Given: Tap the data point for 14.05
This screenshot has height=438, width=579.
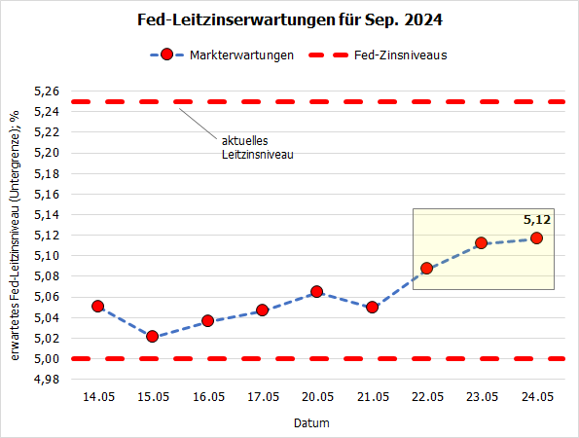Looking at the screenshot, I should tap(97, 306).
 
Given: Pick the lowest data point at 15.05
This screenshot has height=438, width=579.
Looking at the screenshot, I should tap(153, 336).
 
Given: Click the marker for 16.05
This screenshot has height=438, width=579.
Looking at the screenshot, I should tap(207, 320).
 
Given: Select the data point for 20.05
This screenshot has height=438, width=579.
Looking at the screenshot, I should tap(317, 291).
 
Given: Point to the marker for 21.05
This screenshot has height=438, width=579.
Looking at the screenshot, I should tap(372, 307).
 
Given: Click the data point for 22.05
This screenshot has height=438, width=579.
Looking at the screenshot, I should tap(426, 268).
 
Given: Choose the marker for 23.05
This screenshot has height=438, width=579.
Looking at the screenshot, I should tap(481, 242).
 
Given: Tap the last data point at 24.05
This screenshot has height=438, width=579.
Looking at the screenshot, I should tap(536, 237).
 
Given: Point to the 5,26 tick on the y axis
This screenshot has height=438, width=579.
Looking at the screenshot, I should tap(48, 91).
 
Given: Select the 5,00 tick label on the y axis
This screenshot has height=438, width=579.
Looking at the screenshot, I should tap(48, 358).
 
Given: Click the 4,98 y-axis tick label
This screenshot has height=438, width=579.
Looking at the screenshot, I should tap(48, 379).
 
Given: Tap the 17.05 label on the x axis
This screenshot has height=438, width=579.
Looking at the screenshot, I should tap(262, 397).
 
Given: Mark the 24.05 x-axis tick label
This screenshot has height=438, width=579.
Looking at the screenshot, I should tap(536, 397).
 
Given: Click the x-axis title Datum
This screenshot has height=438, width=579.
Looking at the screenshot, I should tap(311, 423).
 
